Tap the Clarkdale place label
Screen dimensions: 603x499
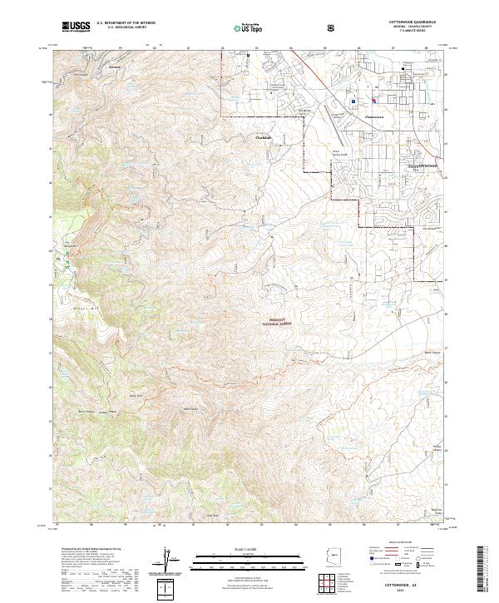264,137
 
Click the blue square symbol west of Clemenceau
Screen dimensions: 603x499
353,102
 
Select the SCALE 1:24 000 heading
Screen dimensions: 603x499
249,546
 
